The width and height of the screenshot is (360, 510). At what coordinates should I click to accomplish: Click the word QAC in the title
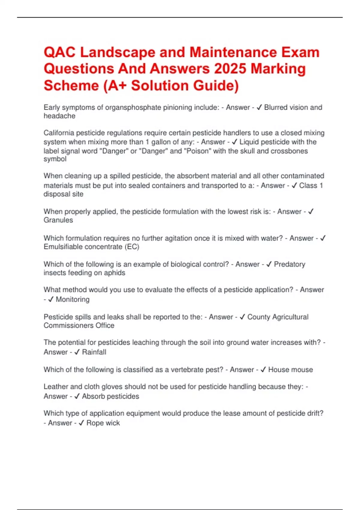tap(59, 52)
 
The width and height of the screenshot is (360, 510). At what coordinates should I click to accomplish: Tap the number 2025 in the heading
tap(230, 69)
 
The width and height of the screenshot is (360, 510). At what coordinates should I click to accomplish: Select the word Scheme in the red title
tap(71, 85)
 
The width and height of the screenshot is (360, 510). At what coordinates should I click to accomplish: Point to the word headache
tap(59, 116)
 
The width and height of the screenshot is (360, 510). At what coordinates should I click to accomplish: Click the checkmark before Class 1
tap(294, 185)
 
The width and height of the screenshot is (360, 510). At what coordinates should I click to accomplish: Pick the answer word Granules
tap(58, 220)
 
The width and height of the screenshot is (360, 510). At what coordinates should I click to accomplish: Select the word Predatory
tap(289, 264)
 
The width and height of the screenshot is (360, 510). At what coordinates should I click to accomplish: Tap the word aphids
tap(115, 273)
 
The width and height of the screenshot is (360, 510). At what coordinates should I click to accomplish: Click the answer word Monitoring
tap(73, 299)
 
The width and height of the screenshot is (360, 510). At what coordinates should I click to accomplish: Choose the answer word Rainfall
tap(94, 352)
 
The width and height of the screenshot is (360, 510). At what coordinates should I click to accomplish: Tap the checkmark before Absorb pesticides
tap(77, 396)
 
